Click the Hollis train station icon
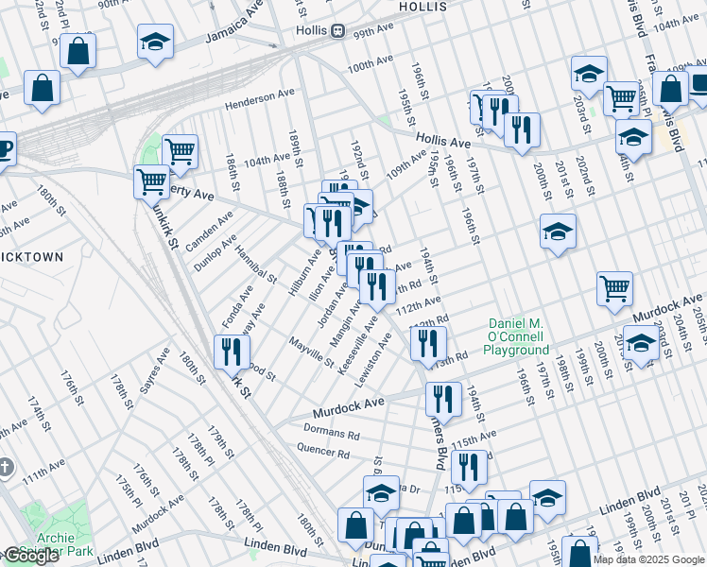pyautogui.click(x=337, y=31)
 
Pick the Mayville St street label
pyautogui.click(x=311, y=352)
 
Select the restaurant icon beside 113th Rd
pyautogui.click(x=428, y=343)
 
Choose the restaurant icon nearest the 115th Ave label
pyautogui.click(x=468, y=466)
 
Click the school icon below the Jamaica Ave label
pyautogui.click(x=155, y=41)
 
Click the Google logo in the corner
pyautogui.click(x=31, y=557)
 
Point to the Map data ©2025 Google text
pyautogui.click(x=649, y=559)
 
